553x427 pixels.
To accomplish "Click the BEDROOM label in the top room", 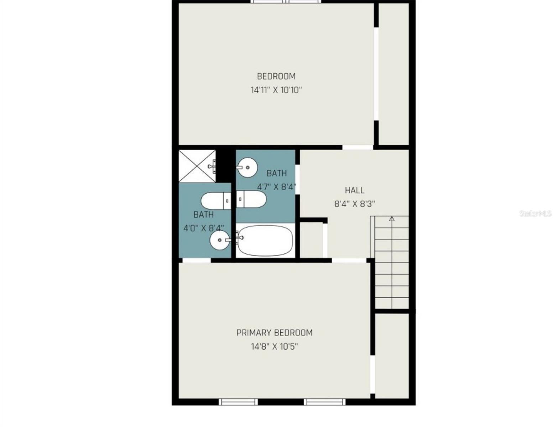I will click(x=276, y=76).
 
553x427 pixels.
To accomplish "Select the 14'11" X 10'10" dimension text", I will click(x=276, y=90).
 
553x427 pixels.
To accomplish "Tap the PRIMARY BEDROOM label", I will click(x=275, y=333).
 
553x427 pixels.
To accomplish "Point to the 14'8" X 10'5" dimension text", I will click(x=274, y=347).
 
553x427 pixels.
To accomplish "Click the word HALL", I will click(x=354, y=190).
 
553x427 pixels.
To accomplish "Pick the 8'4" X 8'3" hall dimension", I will click(x=354, y=204).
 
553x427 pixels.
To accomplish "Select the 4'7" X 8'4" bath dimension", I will click(x=277, y=187).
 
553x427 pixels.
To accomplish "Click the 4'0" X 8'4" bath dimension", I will click(x=203, y=228).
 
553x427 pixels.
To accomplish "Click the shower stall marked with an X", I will click(x=197, y=166).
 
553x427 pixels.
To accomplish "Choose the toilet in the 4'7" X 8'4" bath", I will click(x=251, y=199).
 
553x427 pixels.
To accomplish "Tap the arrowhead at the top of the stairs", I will click(x=392, y=219).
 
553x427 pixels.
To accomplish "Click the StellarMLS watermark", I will click(x=535, y=213).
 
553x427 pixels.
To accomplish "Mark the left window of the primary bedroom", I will click(x=238, y=402).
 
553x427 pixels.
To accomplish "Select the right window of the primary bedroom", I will click(x=324, y=402).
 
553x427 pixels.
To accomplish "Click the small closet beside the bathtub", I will click(x=311, y=239).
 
